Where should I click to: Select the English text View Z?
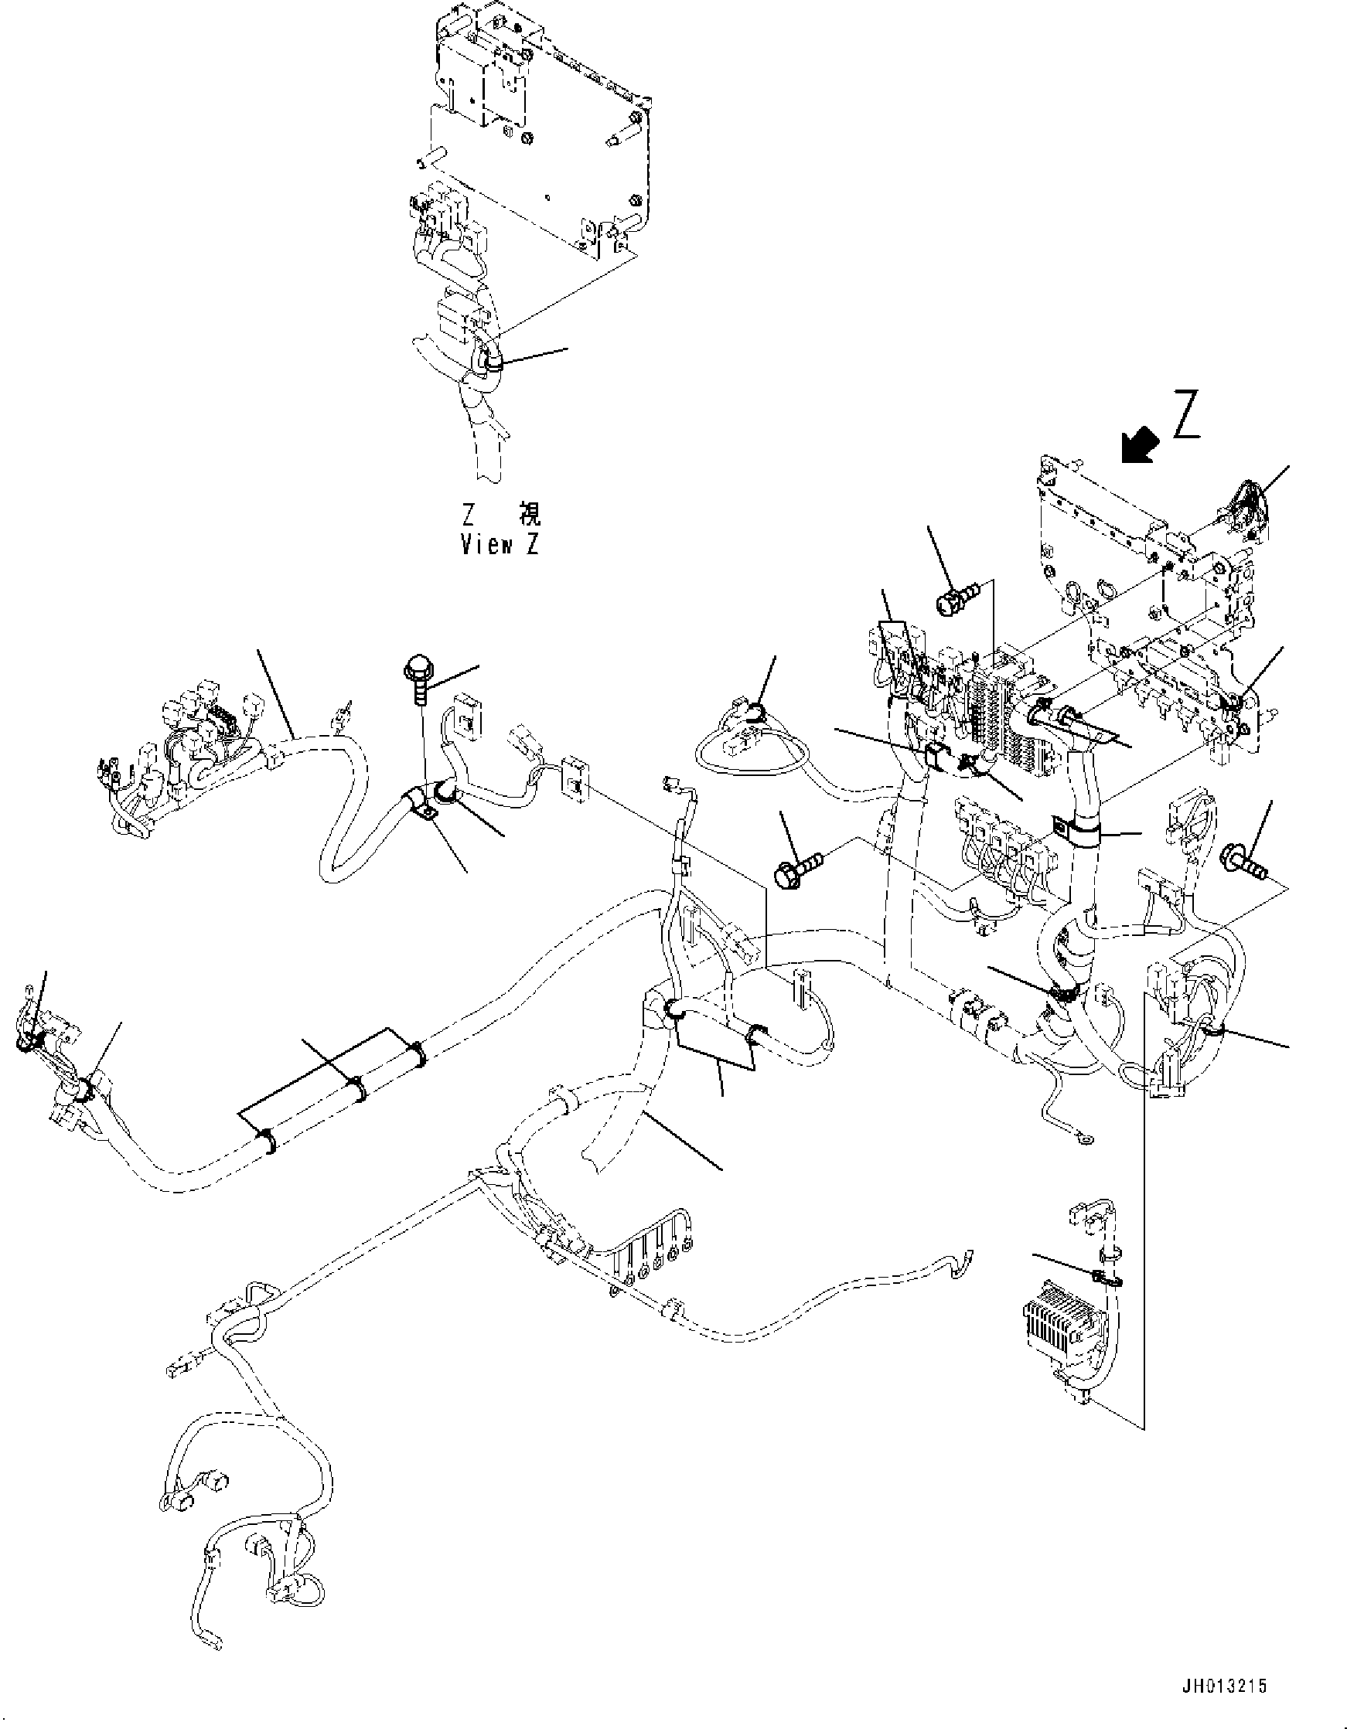[x=500, y=546]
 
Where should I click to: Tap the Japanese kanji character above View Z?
[x=529, y=515]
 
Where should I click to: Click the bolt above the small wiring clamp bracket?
[x=417, y=676]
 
